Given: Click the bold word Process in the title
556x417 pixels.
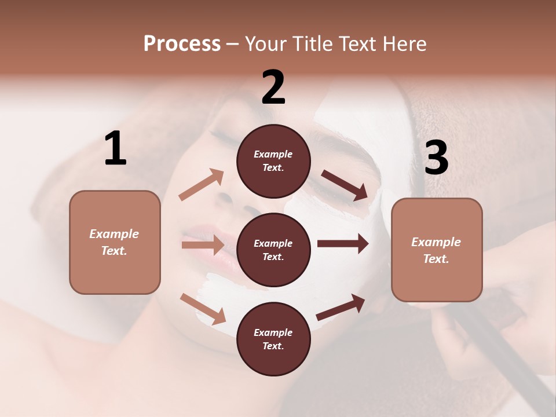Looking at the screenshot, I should tap(182, 43).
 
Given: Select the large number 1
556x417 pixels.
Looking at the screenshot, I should tap(115, 149).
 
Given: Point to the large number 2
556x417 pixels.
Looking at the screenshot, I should tap(273, 87).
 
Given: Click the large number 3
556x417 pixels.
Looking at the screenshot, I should tap(436, 158).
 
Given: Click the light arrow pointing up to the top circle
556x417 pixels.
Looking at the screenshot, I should tap(202, 185).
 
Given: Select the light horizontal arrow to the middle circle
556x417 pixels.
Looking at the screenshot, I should tap(203, 245).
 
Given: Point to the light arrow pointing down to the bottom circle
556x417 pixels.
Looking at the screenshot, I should tap(203, 309).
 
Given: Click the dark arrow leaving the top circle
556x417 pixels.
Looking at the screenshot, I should tap(345, 185).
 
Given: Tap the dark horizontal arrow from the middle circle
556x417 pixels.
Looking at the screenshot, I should tap(343, 244).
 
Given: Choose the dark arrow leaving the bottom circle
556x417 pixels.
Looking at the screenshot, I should tap(341, 307).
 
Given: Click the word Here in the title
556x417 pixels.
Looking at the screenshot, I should tap(404, 43).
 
